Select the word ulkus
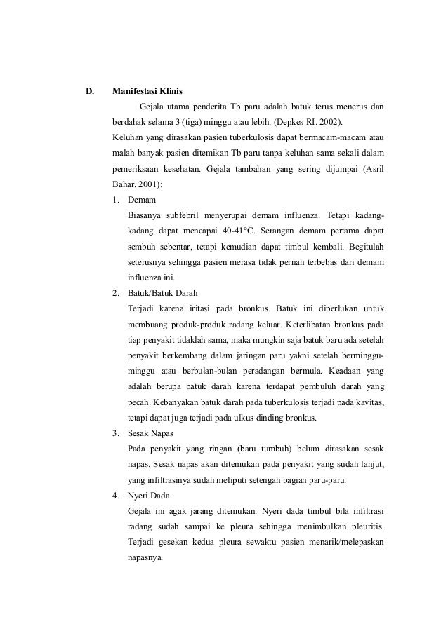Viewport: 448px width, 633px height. (x=245, y=418)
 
